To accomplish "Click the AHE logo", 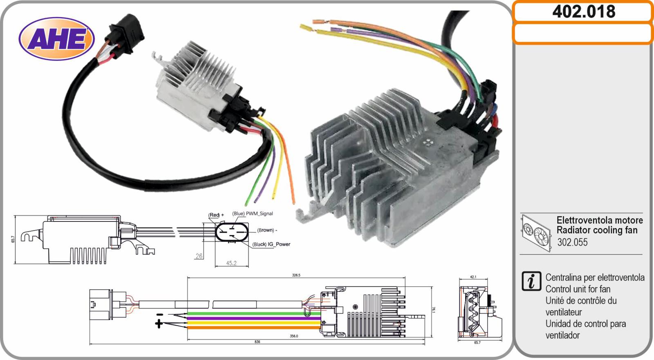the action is (57, 38).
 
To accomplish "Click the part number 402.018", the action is (584, 12).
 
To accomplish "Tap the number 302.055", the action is (572, 242).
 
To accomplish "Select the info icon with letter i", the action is (531, 281).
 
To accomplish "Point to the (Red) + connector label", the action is (216, 215).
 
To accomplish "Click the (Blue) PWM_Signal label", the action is (253, 213).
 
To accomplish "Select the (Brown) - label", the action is (267, 230).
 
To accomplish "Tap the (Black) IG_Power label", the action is (271, 244).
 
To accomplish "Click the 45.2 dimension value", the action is (231, 263).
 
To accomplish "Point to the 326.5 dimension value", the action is (296, 275).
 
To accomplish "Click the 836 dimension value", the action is (257, 342).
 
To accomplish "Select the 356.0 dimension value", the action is (294, 336).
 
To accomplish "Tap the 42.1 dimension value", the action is (473, 277).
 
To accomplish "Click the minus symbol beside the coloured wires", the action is (160, 315).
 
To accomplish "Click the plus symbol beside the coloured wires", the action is (159, 324).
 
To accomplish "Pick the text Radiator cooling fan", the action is (597, 230).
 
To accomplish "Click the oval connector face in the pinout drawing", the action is (232, 232).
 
